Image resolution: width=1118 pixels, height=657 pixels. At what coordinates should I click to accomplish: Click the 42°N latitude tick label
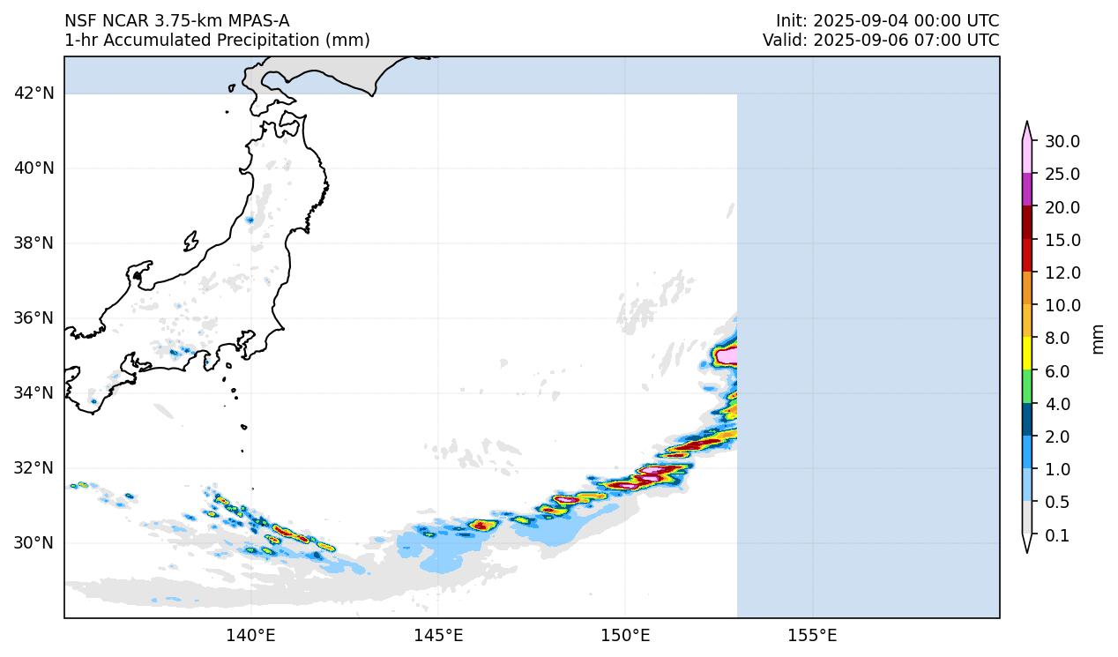click(34, 93)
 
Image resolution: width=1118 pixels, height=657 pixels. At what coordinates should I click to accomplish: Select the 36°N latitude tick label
click(34, 317)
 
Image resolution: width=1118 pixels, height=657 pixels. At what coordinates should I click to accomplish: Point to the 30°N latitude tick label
click(34, 542)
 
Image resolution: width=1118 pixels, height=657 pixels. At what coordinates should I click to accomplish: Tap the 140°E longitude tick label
click(251, 635)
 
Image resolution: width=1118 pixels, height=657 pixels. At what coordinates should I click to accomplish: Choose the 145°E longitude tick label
click(438, 635)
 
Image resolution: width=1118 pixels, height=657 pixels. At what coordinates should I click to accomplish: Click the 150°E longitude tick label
click(625, 635)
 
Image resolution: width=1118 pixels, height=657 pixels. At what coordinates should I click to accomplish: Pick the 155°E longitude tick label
click(812, 635)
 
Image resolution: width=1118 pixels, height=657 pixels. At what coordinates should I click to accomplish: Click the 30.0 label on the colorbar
click(1062, 142)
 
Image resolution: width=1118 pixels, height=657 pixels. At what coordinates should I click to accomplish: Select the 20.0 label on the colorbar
click(1062, 207)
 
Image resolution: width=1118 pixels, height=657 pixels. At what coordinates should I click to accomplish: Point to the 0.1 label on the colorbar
click(1056, 535)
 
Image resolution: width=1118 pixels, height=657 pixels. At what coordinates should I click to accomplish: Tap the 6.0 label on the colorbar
click(1056, 371)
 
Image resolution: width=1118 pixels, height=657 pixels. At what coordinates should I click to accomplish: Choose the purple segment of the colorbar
click(1027, 190)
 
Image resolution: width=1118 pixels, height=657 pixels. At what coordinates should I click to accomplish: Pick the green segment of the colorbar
click(1027, 387)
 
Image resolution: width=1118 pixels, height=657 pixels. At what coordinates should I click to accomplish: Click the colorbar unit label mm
click(1098, 338)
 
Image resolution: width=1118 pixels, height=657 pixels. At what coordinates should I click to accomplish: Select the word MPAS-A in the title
click(255, 21)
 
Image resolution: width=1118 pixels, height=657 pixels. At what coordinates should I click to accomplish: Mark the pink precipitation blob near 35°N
click(728, 355)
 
